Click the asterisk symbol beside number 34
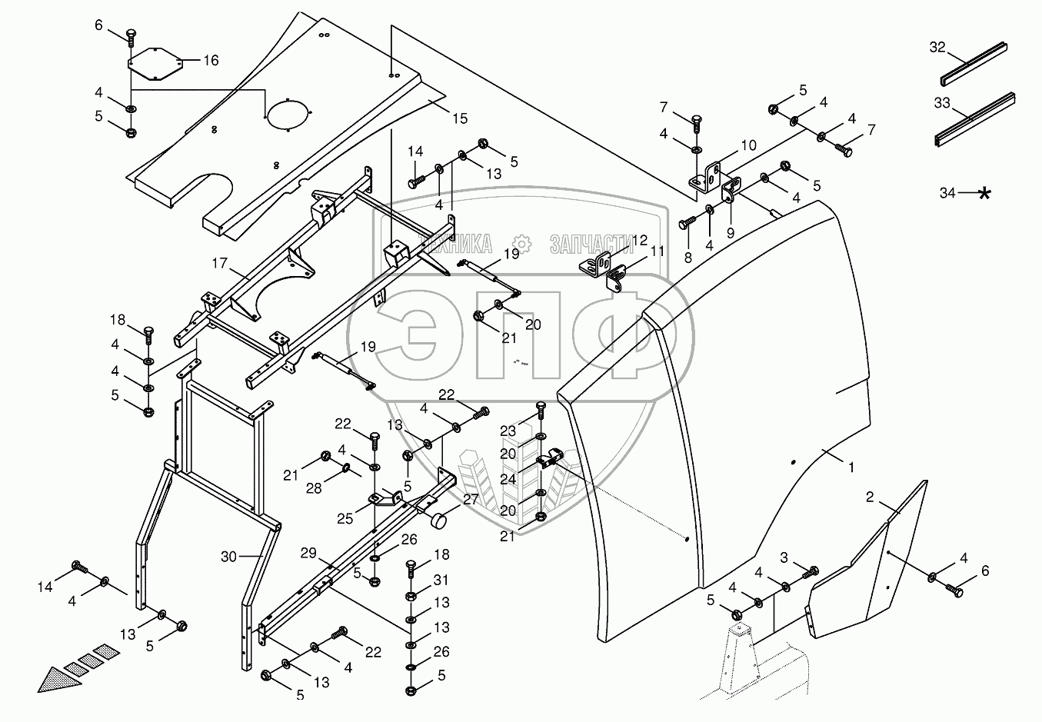pos(984,193)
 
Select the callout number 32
pos(937,48)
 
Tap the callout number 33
pos(942,103)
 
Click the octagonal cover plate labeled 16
pos(154,63)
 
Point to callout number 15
pos(460,119)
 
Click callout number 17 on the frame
pos(219,263)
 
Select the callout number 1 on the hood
pos(851,466)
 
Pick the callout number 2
pos(870,497)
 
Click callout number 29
pos(308,554)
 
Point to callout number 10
pos(748,145)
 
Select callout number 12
pos(640,241)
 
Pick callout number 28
pos(314,488)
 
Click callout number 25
pos(345,518)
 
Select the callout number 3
pos(784,557)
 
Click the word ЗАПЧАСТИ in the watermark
pos(591,245)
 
